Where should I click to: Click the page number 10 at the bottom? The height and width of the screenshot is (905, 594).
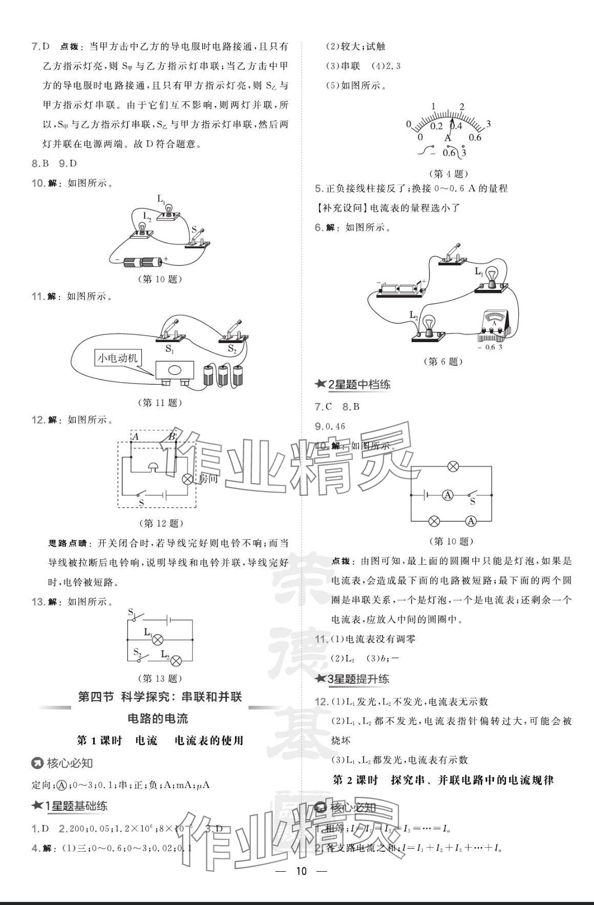click(301, 871)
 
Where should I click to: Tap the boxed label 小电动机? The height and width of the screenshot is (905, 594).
click(118, 358)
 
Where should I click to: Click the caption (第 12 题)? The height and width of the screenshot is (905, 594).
click(161, 523)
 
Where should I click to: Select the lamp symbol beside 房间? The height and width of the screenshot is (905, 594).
click(188, 479)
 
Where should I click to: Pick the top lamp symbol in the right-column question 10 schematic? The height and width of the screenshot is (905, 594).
click(453, 466)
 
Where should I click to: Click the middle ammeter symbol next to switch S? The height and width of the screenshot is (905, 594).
click(448, 495)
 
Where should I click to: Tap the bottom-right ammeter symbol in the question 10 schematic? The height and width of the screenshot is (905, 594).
click(471, 521)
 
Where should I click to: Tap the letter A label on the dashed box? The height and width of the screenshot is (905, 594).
click(136, 436)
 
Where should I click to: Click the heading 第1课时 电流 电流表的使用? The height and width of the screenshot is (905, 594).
click(160, 740)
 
